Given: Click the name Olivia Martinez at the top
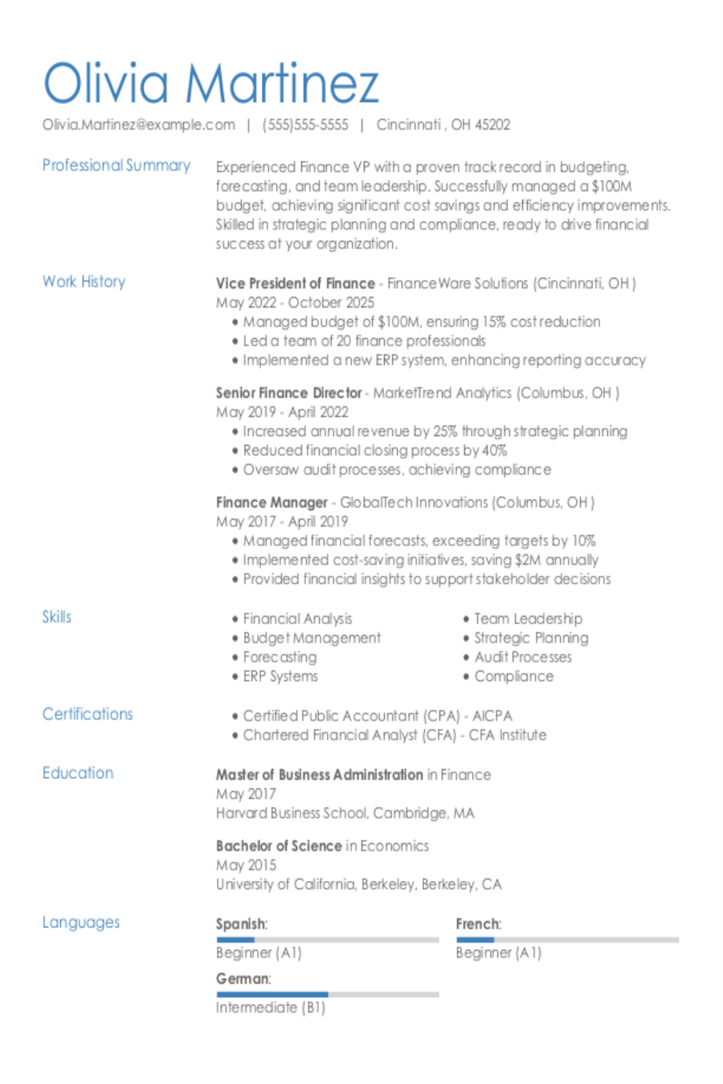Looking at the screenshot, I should coord(210,83).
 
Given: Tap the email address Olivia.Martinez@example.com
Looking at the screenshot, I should coord(139,124).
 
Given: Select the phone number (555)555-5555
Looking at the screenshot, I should coord(305,124).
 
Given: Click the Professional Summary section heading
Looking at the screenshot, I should coord(116,165).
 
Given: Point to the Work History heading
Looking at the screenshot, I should coord(84,282).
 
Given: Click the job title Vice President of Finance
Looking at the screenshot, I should coord(295,283).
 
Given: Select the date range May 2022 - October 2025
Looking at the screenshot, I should coord(295,303).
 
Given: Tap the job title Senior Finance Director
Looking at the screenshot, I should coord(288,393).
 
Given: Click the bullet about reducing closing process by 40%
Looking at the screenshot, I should coord(374,450).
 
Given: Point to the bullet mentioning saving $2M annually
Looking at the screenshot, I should coord(420,560).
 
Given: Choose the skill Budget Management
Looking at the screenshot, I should coord(312,638).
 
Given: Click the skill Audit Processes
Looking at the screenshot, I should coord(523,657).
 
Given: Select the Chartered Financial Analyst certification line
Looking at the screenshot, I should coord(394,735).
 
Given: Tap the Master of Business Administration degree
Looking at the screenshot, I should coord(319,775).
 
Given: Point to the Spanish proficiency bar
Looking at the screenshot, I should coord(327,939).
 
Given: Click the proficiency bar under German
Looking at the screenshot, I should coord(327,994).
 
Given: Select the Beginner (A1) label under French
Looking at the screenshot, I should coord(498,953).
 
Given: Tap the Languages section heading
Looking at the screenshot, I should coord(80,923).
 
